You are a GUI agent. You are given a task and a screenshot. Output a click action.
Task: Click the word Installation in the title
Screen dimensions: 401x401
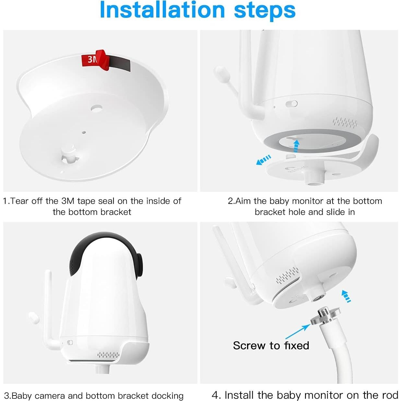click(x=162, y=10)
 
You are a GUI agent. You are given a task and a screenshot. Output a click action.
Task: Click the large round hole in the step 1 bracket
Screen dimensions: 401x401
click(x=96, y=108)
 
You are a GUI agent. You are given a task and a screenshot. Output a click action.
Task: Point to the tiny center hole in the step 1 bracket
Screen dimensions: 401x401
click(x=84, y=132)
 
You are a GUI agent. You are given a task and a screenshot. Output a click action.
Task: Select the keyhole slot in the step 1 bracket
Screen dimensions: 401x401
click(x=70, y=158)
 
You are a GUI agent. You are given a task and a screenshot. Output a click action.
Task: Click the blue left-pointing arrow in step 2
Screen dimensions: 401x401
click(x=264, y=160)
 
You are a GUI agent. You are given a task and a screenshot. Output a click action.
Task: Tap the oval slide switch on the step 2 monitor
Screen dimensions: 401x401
click(x=291, y=104)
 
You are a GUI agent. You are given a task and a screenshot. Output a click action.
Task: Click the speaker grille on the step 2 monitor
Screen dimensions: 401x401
click(x=345, y=122)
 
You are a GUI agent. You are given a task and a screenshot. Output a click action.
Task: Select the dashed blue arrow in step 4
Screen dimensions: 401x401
click(x=346, y=296)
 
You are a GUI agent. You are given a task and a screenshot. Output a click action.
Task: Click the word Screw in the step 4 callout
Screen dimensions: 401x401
click(x=249, y=346)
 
